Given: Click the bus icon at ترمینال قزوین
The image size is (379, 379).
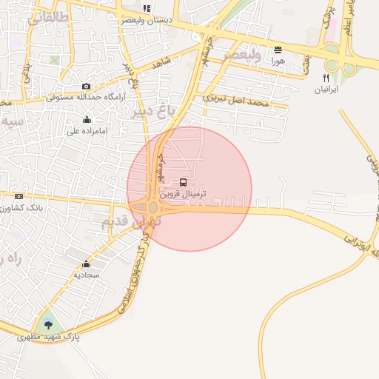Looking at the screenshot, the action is tap(183, 182).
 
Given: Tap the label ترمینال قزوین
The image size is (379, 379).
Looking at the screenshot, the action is tap(183, 193).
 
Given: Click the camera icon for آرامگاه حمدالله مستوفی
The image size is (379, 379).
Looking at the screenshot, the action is tap(87, 87).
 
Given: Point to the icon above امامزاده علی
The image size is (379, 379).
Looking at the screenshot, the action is tap(87, 120).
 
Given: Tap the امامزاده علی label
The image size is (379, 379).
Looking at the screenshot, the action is tap(87, 131).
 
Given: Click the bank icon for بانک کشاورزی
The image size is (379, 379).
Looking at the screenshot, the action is tap(19, 196).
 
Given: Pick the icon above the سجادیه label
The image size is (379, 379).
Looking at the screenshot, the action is tap(87, 264).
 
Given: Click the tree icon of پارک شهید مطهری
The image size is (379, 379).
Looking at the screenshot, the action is tap(49, 324).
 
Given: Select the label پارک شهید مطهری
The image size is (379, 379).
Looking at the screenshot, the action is tap(48, 337).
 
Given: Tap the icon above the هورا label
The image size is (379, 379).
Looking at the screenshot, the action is tap(278, 50).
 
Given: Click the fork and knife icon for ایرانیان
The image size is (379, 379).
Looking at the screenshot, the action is tap(326, 78).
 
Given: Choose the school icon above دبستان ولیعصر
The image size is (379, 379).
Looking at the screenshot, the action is tap(147, 9).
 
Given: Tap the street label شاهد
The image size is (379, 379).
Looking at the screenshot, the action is tap(161, 63).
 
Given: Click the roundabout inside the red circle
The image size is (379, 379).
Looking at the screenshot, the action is tap(153, 208).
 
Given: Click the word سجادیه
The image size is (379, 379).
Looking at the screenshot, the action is tap(87, 275).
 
